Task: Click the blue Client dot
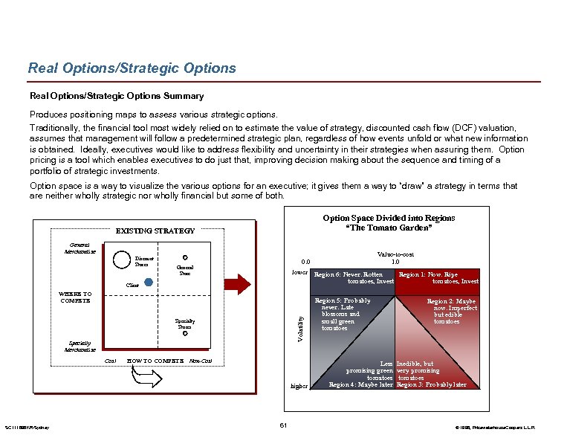click(x=148, y=283)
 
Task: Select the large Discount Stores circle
click(x=120, y=260)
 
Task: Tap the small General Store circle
click(x=184, y=258)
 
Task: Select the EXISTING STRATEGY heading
click(x=155, y=231)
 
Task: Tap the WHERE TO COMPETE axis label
click(x=75, y=297)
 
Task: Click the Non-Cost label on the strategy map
click(x=201, y=361)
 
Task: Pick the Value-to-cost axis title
click(x=395, y=254)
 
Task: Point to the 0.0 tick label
click(x=305, y=262)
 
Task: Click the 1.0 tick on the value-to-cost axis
click(x=395, y=262)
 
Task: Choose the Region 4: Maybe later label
click(x=361, y=384)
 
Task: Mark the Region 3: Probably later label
click(x=432, y=384)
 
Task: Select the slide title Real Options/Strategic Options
click(x=132, y=68)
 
